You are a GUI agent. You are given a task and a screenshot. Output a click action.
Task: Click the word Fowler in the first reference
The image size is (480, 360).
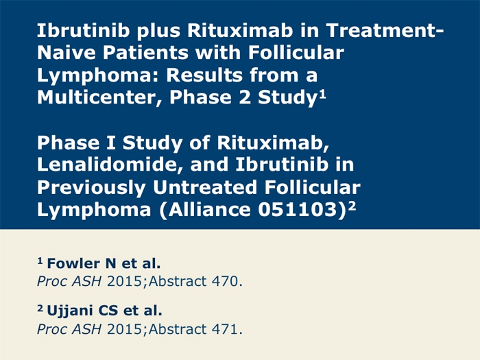pos(73,263)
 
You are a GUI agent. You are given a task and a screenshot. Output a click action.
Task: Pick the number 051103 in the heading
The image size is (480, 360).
pos(298,209)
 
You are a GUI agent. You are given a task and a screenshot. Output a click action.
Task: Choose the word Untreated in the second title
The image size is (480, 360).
pos(205,187)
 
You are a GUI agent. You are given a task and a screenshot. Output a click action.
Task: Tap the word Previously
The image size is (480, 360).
pos(91,188)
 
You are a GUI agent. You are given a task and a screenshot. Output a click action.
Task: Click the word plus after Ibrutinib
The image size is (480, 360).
pos(158,32)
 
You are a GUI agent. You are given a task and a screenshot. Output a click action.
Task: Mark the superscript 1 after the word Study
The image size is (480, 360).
pos(323,94)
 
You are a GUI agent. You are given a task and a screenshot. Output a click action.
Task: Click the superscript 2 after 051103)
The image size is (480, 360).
pos(352,206)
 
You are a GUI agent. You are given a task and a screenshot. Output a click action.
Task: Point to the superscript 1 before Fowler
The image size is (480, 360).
pos(40,261)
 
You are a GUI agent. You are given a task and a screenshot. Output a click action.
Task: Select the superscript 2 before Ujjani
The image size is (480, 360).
pos(40,309)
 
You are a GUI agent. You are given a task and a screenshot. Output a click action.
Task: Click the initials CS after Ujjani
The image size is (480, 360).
pos(108,311)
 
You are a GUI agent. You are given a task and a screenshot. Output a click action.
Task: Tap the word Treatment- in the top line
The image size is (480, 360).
pos(385,30)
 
